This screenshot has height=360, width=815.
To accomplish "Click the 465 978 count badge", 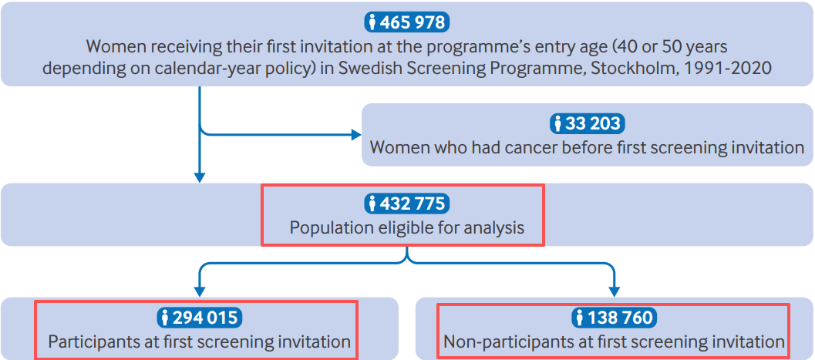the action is [407, 22].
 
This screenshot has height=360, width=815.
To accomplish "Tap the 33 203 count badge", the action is [587, 123].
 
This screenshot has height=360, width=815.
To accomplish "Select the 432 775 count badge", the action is [407, 203].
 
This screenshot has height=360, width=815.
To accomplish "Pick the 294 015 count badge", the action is [200, 317].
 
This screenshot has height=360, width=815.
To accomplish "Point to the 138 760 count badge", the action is [614, 317].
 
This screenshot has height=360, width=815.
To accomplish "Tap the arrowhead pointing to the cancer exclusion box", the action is [356, 135].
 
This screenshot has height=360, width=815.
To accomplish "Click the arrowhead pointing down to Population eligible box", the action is [200, 177].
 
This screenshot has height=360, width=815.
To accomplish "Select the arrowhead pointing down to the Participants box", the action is [200, 292].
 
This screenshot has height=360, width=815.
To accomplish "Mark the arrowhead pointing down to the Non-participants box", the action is [614, 292].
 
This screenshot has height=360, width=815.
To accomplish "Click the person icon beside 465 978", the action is [372, 22].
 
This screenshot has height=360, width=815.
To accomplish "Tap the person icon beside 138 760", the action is [579, 317].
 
